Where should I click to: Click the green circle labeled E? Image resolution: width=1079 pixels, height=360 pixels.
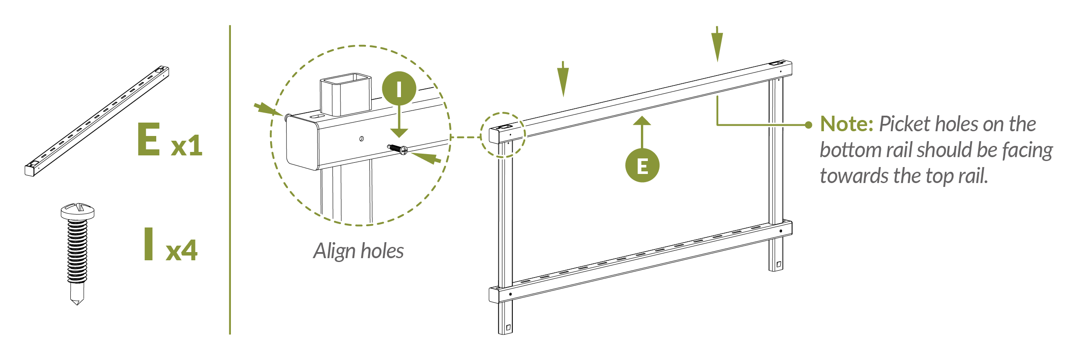pos(642,166)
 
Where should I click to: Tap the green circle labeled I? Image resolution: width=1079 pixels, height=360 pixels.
pos(399,89)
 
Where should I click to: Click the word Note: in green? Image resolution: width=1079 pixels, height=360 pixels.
pos(847,124)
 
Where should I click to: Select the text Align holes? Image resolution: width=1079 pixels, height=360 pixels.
pos(358,251)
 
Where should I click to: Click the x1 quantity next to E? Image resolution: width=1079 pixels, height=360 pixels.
pos(186,145)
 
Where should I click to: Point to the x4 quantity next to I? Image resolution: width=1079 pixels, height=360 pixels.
pos(181,250)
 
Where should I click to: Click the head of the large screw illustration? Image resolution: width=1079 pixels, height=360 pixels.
pos(78,211)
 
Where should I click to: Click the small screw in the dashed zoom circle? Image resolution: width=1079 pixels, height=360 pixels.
pos(398,149)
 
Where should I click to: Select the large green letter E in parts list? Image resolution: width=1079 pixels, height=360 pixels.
pos(149,139)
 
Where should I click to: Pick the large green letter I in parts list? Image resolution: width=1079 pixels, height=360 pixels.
pos(149,244)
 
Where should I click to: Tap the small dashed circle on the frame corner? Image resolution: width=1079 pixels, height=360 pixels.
pos(503,135)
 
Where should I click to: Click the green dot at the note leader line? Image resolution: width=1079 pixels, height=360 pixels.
pos(809,125)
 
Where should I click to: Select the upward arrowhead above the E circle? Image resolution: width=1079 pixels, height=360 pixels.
pos(642,121)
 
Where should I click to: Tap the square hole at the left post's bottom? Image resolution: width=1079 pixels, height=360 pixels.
pos(508,328)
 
